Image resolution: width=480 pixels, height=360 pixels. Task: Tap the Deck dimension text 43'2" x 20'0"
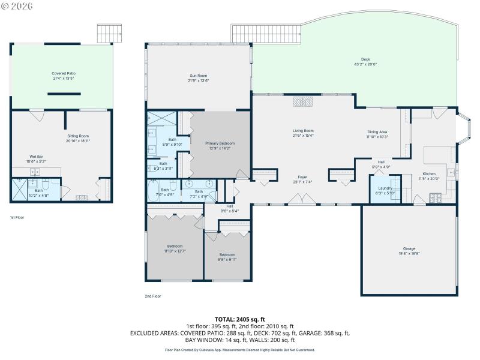tap(365, 64)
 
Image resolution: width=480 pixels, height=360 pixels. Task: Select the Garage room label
tap(409, 248)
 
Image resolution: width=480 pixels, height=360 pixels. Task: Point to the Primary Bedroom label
tap(220, 143)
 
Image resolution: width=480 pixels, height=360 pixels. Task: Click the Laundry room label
tap(385, 188)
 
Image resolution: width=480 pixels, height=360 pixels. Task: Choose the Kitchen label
tap(429, 173)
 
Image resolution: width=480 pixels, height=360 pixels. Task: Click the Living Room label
tap(303, 130)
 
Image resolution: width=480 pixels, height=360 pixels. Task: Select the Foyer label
tap(303, 177)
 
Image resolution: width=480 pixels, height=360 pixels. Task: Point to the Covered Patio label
tap(63, 73)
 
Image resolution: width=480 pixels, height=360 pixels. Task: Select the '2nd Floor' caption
tap(152, 296)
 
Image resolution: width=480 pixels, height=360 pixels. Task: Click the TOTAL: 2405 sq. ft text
tap(239, 319)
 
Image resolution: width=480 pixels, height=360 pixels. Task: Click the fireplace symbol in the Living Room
tap(303, 102)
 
